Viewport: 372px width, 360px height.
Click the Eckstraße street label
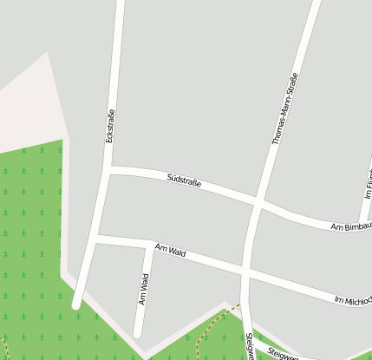[x=109, y=127]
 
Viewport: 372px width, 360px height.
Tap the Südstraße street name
[x=184, y=181]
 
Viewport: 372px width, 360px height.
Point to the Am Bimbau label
[x=350, y=227]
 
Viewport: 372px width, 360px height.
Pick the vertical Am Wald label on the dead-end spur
[x=144, y=290]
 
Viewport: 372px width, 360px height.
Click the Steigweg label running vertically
[x=250, y=346]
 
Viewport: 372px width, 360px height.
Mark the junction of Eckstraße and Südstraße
[x=108, y=169]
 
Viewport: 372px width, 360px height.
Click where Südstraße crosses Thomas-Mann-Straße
[x=258, y=204]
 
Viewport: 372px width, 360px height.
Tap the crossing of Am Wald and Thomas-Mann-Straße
[x=247, y=272]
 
